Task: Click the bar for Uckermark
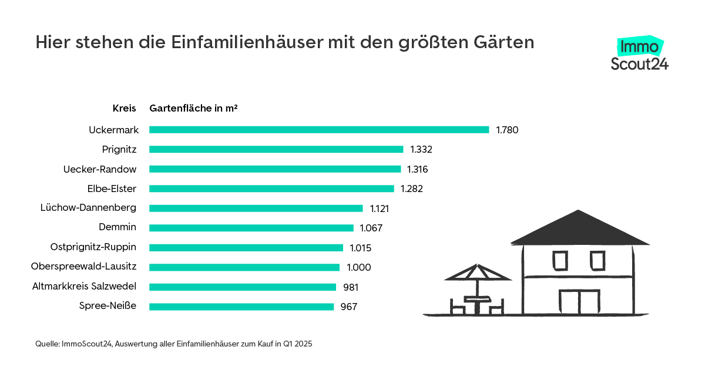(x=319, y=130)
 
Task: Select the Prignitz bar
(x=276, y=149)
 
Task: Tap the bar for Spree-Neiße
(x=241, y=307)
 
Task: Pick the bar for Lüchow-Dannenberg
(x=256, y=208)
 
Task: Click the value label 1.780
(x=507, y=130)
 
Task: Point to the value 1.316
(x=418, y=170)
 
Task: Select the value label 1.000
(x=358, y=268)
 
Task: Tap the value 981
(x=350, y=287)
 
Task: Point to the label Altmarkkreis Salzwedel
(x=84, y=287)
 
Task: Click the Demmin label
(x=117, y=228)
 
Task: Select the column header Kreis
(x=125, y=109)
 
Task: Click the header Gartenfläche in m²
(x=193, y=109)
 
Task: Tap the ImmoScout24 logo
(x=639, y=55)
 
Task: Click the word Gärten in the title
(x=506, y=43)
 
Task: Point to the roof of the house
(x=580, y=229)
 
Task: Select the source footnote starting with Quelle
(x=174, y=344)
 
